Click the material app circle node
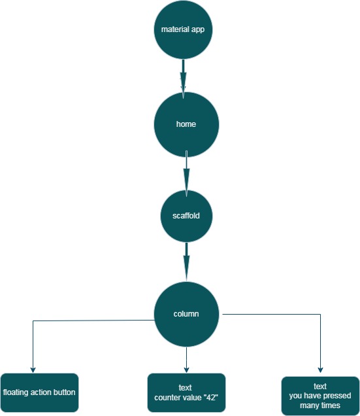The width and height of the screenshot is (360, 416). pos(183,29)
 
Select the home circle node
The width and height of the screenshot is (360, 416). pos(186,124)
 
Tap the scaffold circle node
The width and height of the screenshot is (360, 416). pos(186,216)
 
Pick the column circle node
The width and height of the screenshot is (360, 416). pos(186,314)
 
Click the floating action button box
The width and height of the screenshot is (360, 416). pos(39,392)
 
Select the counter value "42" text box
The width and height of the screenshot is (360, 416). pos(186,392)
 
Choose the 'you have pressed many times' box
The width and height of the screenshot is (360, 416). pos(320,396)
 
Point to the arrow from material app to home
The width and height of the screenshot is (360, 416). pos(183,78)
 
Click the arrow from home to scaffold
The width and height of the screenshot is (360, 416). pos(187,174)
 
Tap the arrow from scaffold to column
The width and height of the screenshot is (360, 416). pos(187,262)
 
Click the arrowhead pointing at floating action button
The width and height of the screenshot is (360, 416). pos(33,370)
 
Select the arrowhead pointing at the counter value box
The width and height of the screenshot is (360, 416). pos(186,370)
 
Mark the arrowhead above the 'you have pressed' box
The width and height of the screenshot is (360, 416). pos(320,370)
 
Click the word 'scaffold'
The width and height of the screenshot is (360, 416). pos(186,216)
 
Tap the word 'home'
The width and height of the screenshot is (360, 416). pos(186,124)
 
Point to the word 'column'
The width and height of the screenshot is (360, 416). pos(186,314)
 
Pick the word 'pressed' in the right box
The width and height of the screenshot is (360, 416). pos(337,396)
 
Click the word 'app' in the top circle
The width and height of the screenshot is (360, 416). pos(198,29)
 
